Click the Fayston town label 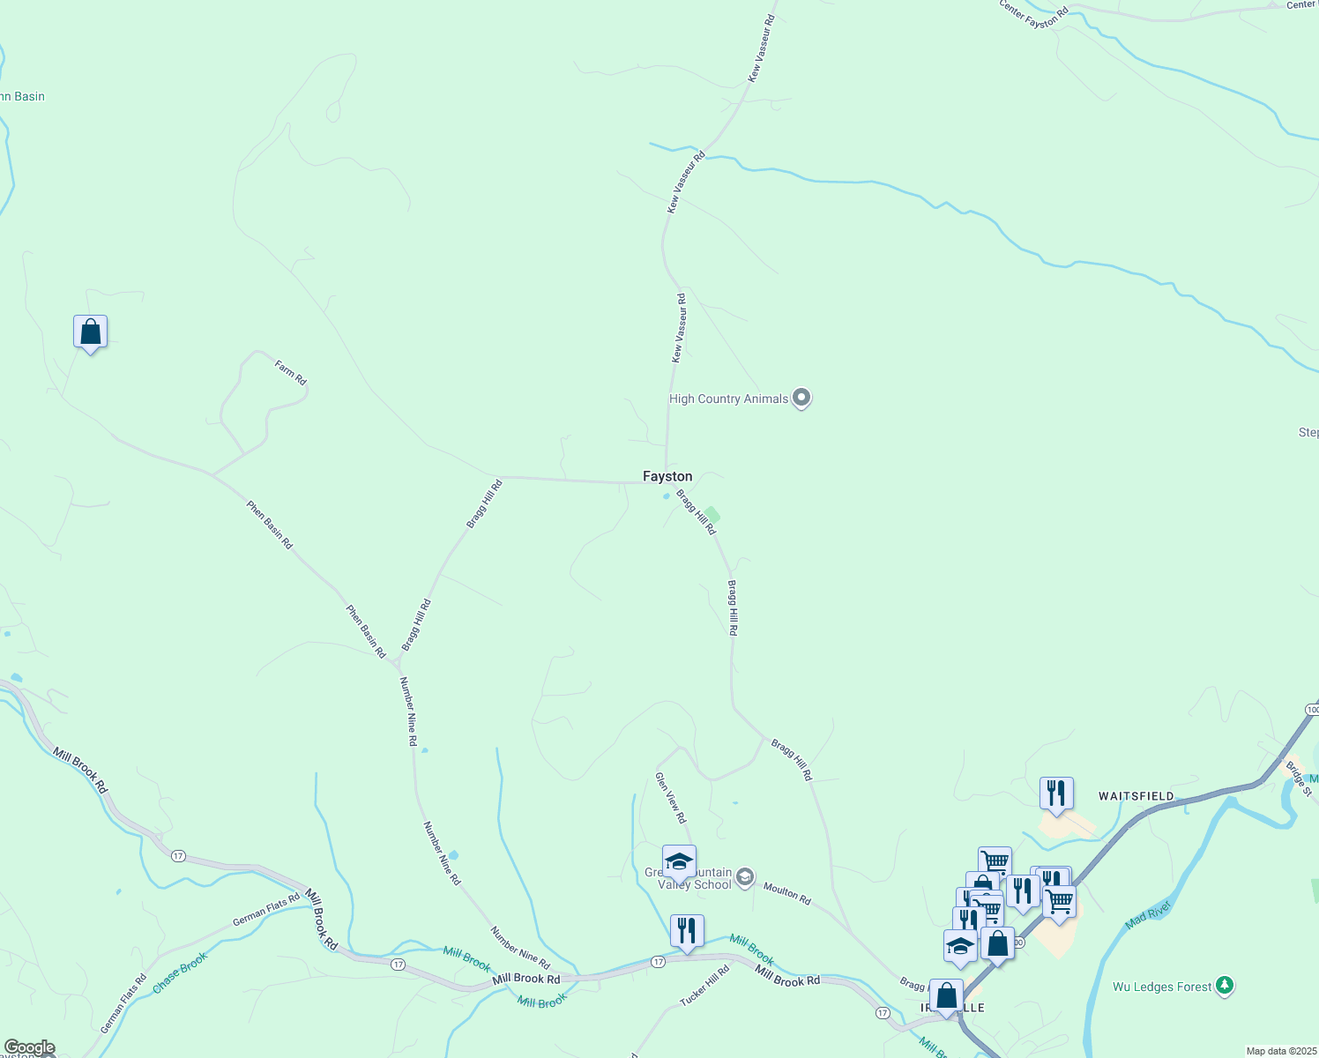click(x=667, y=477)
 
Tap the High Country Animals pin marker click(x=801, y=399)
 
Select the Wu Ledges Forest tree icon click(x=1224, y=986)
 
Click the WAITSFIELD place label click(x=1136, y=796)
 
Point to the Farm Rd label click(x=290, y=372)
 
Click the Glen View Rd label click(x=670, y=798)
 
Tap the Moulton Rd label click(x=787, y=893)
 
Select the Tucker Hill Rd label click(x=705, y=987)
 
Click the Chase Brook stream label click(x=180, y=972)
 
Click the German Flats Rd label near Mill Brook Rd click(x=266, y=910)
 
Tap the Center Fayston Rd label click(x=1033, y=16)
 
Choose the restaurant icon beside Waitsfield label click(x=1055, y=793)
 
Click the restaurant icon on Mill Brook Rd click(x=686, y=931)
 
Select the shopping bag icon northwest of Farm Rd click(x=90, y=332)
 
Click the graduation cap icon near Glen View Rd click(x=679, y=861)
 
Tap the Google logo click(x=29, y=1047)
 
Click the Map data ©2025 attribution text click(x=1280, y=1051)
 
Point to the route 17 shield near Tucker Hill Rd click(x=659, y=961)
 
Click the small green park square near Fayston click(x=712, y=514)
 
